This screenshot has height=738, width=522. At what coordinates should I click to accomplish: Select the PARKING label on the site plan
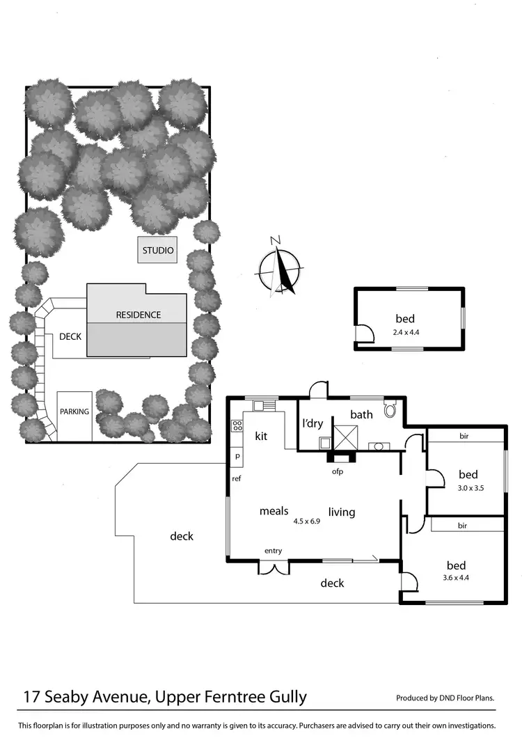(x=74, y=411)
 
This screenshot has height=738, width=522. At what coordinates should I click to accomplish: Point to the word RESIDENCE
(x=138, y=315)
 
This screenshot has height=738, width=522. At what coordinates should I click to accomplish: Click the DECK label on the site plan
(x=70, y=337)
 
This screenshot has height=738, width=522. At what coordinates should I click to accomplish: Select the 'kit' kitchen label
(x=261, y=437)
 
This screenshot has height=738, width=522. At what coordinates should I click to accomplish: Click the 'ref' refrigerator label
(x=237, y=478)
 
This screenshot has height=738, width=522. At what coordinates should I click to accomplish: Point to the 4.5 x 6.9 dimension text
(x=306, y=521)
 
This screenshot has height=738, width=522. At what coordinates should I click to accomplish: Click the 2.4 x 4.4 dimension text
(x=406, y=332)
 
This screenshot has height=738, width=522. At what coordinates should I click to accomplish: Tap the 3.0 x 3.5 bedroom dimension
(x=470, y=488)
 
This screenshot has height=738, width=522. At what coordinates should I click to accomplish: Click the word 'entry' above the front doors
(x=273, y=551)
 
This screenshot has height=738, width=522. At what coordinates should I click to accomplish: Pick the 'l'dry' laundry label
(x=313, y=423)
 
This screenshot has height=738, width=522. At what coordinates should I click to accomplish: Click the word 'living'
(x=342, y=512)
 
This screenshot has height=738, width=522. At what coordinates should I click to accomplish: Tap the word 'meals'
(x=274, y=511)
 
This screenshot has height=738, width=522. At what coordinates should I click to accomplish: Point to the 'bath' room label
(x=361, y=415)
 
